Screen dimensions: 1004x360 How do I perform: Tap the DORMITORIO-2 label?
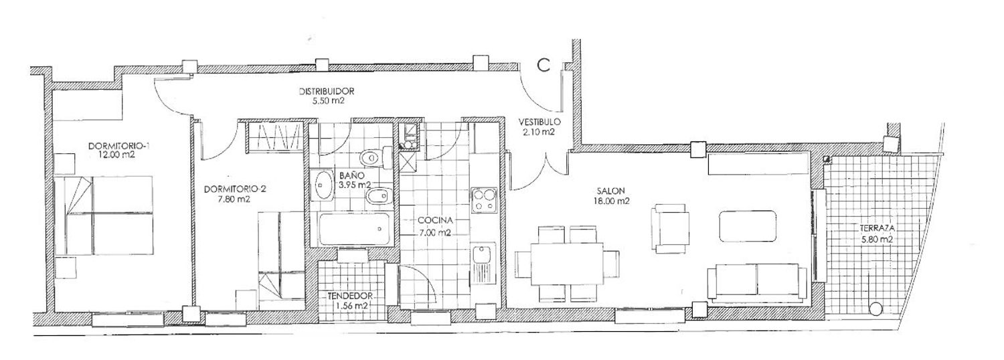(236, 189)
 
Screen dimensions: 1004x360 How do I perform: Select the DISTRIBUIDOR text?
(327, 92)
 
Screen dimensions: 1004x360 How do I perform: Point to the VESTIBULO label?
(539, 122)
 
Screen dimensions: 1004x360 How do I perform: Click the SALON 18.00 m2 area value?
(610, 201)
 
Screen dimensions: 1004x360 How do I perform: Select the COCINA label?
(435, 221)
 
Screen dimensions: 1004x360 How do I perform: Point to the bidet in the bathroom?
(380, 197)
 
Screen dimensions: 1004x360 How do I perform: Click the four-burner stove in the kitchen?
(484, 200)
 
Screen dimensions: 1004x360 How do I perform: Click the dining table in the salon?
(567, 264)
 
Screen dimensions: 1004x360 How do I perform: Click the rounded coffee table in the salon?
(748, 226)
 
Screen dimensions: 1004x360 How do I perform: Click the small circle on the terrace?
(874, 308)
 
